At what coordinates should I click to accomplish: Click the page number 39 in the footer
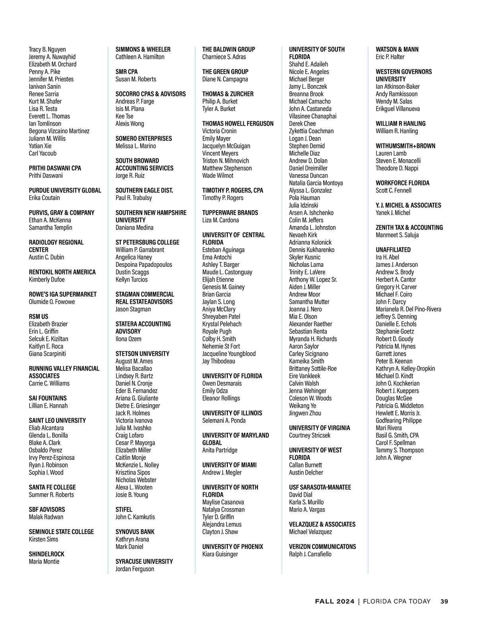(444, 602)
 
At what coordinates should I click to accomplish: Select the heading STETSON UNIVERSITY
(142, 354)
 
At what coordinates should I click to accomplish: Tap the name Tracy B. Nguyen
(47, 50)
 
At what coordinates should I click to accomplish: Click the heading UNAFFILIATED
(393, 250)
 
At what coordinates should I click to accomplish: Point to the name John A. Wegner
(394, 458)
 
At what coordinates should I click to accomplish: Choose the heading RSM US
(38, 316)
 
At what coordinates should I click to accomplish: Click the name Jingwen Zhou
(305, 413)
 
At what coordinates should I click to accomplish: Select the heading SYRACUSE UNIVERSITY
(144, 561)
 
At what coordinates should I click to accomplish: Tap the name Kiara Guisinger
(220, 554)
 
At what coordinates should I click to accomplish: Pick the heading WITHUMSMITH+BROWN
(405, 146)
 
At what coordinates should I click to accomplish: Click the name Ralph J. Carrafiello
(310, 554)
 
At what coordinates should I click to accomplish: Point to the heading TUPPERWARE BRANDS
(230, 213)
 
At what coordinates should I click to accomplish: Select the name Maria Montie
(44, 561)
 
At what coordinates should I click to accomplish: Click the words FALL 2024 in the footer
(334, 602)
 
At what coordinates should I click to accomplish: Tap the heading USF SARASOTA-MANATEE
(320, 487)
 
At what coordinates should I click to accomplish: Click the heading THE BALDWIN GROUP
(229, 50)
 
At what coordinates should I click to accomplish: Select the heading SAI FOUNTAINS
(48, 398)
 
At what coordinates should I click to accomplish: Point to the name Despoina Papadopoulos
(144, 265)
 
